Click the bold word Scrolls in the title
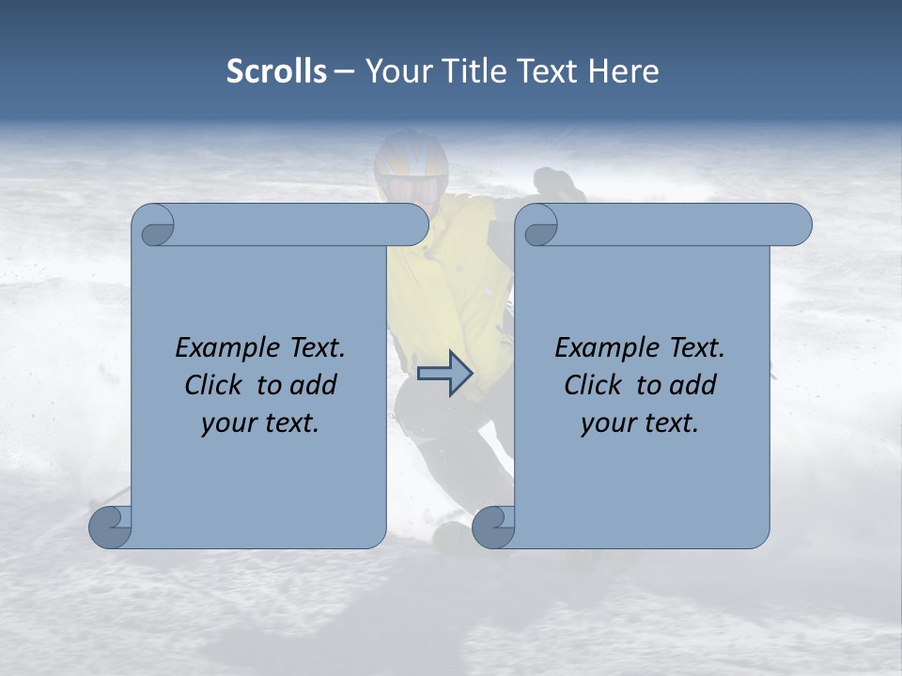tap(276, 71)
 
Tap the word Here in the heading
tap(623, 71)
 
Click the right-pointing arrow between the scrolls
tap(445, 374)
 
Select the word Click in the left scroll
tap(213, 385)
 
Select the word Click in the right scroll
tap(593, 385)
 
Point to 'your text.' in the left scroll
tap(260, 422)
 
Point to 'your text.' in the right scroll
tap(640, 422)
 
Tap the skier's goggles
tap(412, 187)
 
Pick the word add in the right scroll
tap(693, 385)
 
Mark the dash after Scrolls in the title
tap(345, 72)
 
